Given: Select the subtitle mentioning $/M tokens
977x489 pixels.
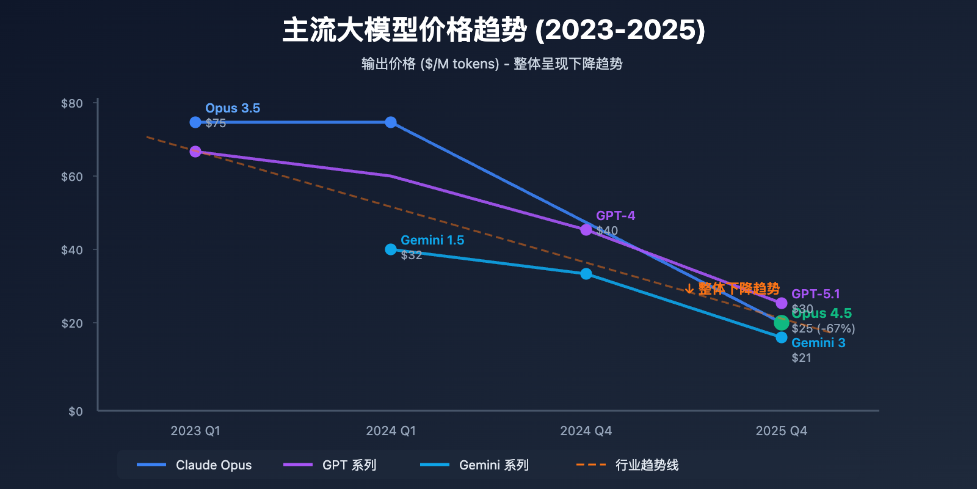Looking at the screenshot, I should (492, 64).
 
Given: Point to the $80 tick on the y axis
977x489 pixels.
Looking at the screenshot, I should (72, 103).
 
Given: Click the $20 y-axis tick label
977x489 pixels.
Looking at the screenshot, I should (72, 323).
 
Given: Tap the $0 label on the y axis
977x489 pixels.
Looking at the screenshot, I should (76, 411).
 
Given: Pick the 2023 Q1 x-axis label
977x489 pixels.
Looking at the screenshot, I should (195, 431).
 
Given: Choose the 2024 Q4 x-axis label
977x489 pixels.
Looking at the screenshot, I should (586, 431).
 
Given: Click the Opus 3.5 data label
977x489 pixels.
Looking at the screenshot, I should (233, 108).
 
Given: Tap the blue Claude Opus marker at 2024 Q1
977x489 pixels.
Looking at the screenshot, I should (391, 122).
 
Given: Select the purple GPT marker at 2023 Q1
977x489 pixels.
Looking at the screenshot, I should (195, 152).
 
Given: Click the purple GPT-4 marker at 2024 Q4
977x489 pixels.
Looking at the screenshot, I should (586, 230).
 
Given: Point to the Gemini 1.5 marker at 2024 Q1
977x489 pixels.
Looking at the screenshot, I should (391, 249).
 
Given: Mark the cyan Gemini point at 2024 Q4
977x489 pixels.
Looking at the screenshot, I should (586, 274).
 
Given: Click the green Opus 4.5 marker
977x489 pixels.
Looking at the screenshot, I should (781, 323).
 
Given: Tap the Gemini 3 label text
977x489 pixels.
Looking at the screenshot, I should (818, 343).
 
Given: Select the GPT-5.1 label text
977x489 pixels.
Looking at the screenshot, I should (816, 294).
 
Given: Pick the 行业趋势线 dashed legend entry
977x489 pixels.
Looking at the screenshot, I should (627, 465).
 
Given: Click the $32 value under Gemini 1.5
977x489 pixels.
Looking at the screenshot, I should (412, 255).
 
